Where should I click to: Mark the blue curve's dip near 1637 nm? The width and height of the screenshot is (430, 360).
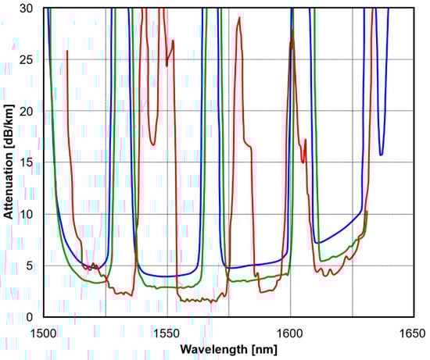pyautogui.click(x=382, y=154)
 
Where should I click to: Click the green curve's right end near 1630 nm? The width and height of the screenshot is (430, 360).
pyautogui.click(x=366, y=212)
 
